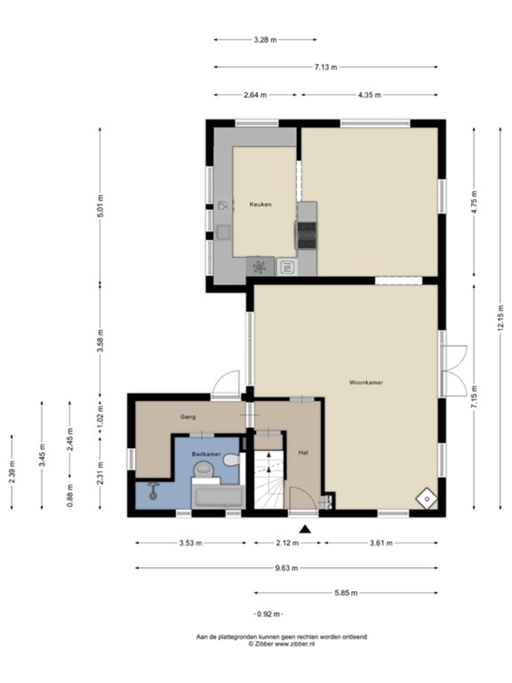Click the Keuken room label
coord(260,204)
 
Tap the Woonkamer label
coord(366,382)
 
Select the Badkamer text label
coord(206,454)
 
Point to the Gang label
coord(188,417)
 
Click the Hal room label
coord(303,453)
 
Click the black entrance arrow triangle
coord(305,528)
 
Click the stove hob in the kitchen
coord(307,235)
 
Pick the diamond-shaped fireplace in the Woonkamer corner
coord(427,498)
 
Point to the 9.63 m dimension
coord(286,568)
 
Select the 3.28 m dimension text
coord(265,40)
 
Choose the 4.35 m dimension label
coord(369,95)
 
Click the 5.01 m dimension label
coord(100,206)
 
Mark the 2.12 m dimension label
coord(287,543)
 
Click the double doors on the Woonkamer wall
coord(454,371)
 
